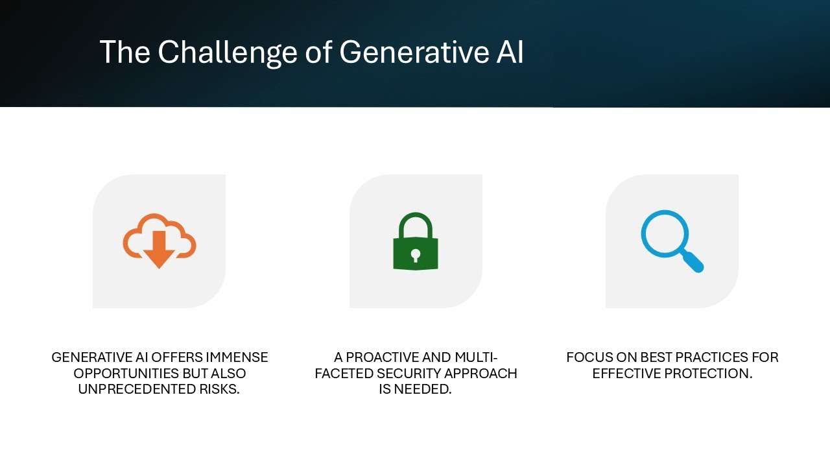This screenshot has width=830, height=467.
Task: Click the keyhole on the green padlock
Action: (x=416, y=254)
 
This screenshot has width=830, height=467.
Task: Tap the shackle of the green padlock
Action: (x=416, y=224)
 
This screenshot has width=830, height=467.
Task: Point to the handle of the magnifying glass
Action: (x=693, y=261)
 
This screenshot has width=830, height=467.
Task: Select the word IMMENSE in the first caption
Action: (x=237, y=357)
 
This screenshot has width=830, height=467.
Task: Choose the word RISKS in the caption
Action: (x=218, y=390)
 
